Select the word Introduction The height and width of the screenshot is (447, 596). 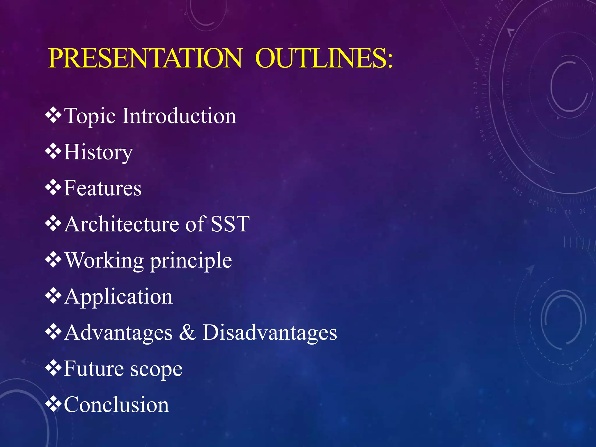point(179,116)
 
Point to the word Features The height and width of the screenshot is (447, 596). point(102,188)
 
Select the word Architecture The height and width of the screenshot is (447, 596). point(122,224)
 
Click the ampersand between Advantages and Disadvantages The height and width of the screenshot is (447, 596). point(187,333)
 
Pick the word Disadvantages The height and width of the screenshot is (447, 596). point(270,333)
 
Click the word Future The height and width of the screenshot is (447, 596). point(93,369)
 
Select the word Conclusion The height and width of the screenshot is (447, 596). point(116,405)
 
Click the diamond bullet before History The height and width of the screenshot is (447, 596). point(53,151)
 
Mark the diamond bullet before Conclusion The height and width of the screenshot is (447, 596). point(53,404)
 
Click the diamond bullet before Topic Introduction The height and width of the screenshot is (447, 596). point(53,115)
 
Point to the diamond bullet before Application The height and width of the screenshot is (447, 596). point(53,296)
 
